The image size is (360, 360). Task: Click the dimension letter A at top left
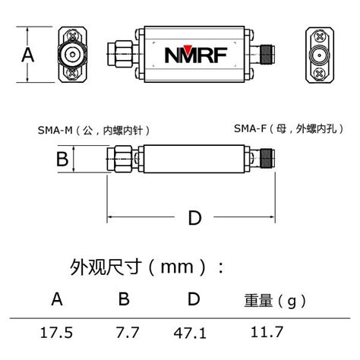[28, 55]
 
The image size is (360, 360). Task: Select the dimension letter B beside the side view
[63, 159]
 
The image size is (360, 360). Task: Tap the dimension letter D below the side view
[194, 218]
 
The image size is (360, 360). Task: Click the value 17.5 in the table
[57, 332]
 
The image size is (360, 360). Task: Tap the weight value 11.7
[268, 332]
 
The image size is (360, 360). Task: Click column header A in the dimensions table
[57, 299]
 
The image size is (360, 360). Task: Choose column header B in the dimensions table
[124, 299]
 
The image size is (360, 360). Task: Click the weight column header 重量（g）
[273, 301]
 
